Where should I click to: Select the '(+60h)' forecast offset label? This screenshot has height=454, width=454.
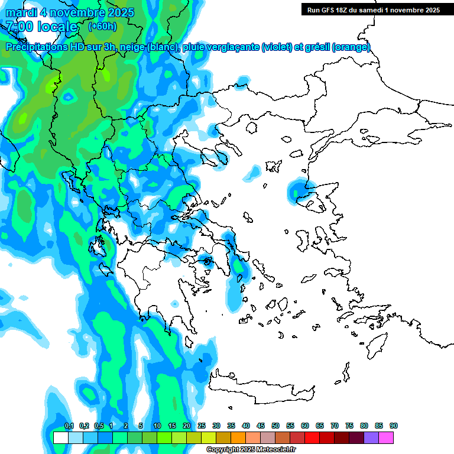point(102,26)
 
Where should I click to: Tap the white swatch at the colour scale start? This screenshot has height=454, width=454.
point(61,438)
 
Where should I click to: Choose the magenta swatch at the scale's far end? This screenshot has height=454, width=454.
point(387,438)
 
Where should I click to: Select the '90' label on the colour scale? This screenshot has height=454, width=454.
point(394,426)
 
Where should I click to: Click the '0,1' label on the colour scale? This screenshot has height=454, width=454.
point(69,426)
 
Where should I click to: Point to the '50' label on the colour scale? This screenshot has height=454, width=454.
point(275,426)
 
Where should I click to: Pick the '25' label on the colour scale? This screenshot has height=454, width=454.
point(202,426)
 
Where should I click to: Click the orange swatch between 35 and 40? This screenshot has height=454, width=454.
point(238,438)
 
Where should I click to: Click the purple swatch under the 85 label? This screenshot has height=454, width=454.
point(372,438)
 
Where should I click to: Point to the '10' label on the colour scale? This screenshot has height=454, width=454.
point(157,426)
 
